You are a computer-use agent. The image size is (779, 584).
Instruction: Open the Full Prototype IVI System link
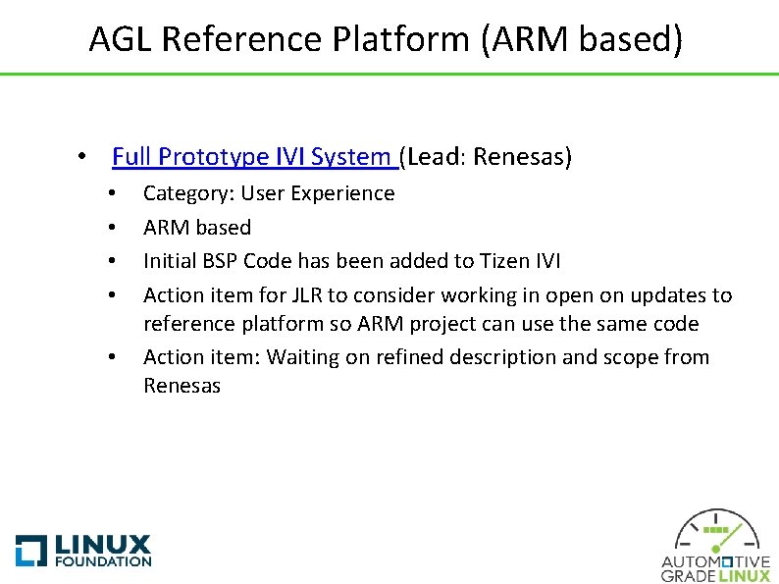(x=254, y=157)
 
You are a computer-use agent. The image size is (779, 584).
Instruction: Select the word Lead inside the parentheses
(x=432, y=157)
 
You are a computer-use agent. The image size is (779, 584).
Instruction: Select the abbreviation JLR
(x=278, y=295)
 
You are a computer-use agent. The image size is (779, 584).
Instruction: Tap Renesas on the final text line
(x=182, y=386)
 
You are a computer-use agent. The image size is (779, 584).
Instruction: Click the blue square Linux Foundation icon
(x=30, y=550)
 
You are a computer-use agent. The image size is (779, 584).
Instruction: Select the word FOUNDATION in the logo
(x=102, y=561)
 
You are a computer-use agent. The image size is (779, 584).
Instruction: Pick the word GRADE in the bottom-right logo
(x=689, y=575)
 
